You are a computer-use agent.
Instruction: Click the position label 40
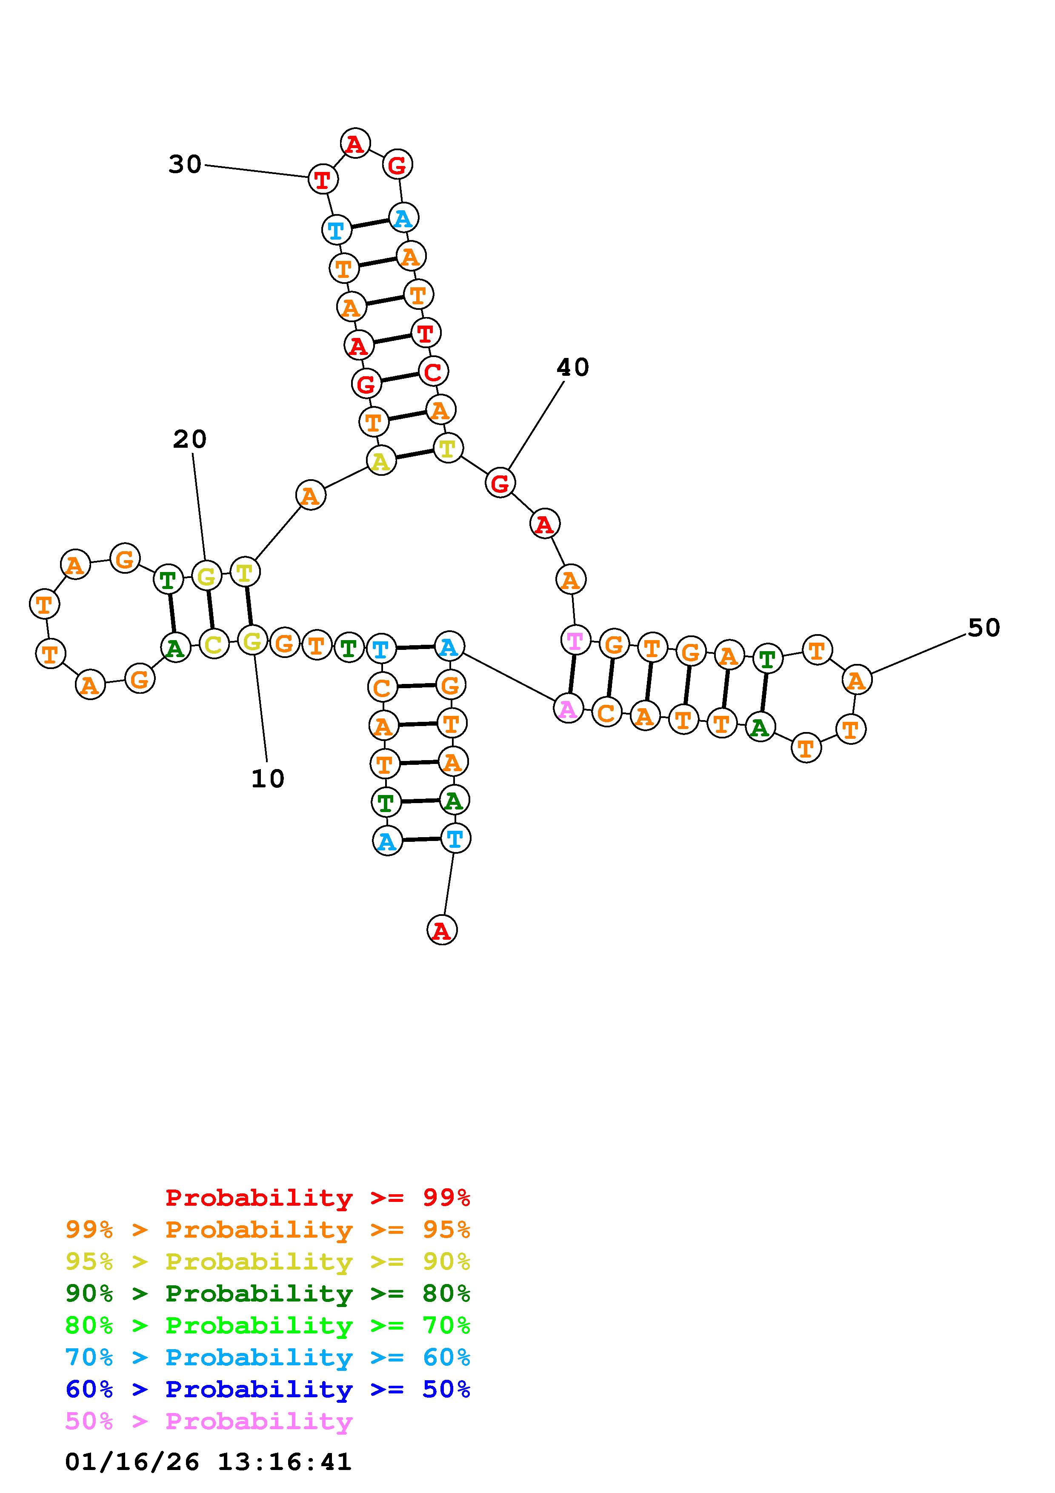point(573,368)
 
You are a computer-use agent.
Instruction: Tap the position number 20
point(190,440)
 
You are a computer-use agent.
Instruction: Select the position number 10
point(268,779)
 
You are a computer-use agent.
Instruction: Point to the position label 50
point(984,628)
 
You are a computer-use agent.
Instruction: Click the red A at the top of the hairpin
point(355,144)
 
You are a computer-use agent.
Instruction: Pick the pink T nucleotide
point(575,641)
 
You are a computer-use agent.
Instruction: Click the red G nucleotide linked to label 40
point(500,483)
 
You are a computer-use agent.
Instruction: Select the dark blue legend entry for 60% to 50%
point(268,1389)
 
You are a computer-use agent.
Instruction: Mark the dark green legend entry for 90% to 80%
point(268,1293)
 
